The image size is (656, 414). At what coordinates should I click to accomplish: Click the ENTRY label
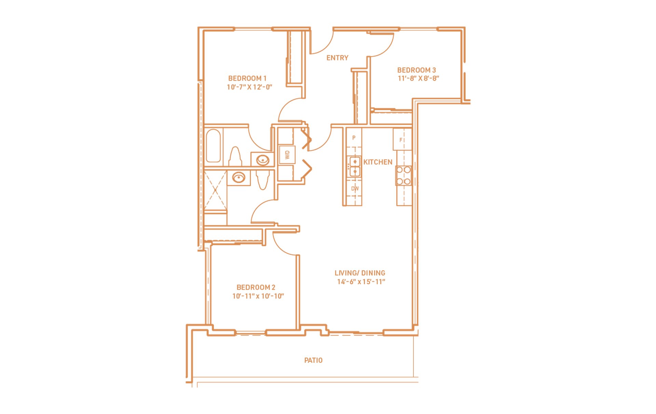pyautogui.click(x=337, y=58)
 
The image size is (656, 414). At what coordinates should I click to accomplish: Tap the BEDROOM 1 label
pyautogui.click(x=247, y=78)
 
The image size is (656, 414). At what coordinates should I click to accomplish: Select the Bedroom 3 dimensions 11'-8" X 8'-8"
pyautogui.click(x=418, y=78)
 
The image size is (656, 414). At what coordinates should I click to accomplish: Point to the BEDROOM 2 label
pyautogui.click(x=256, y=287)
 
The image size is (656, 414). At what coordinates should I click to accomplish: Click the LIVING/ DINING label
pyautogui.click(x=360, y=273)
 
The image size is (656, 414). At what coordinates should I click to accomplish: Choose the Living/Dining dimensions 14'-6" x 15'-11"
pyautogui.click(x=361, y=282)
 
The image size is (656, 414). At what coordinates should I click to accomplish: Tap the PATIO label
pyautogui.click(x=313, y=360)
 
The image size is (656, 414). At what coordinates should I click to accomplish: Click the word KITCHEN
pyautogui.click(x=378, y=162)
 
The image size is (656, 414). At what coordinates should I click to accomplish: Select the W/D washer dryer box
pyautogui.click(x=287, y=155)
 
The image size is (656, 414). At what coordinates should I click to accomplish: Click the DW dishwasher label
pyautogui.click(x=355, y=189)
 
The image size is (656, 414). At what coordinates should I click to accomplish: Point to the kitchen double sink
pyautogui.click(x=355, y=166)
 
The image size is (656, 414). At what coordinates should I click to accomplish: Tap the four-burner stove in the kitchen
pyautogui.click(x=404, y=176)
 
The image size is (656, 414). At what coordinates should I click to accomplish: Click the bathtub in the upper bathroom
pyautogui.click(x=214, y=146)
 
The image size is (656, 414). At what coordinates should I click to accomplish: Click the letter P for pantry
pyautogui.click(x=354, y=138)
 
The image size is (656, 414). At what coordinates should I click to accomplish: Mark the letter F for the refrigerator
pyautogui.click(x=401, y=140)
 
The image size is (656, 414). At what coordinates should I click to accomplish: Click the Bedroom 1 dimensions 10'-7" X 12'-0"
pyautogui.click(x=249, y=87)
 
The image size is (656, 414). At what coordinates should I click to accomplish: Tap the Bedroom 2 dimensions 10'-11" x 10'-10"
pyautogui.click(x=258, y=296)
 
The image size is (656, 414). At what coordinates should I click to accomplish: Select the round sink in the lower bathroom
pyautogui.click(x=239, y=178)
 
